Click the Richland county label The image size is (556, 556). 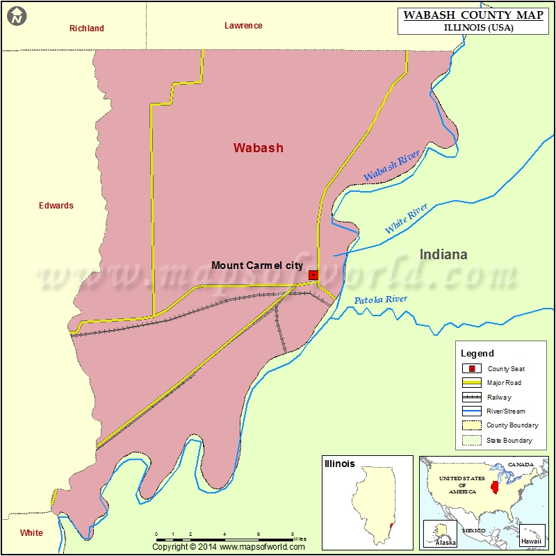(x=87, y=28)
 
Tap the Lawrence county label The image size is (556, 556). (x=243, y=26)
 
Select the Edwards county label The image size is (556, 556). (x=56, y=206)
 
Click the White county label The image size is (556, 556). (x=31, y=533)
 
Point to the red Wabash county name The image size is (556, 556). (x=258, y=148)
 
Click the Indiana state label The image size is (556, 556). (x=443, y=254)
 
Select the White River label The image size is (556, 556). (x=407, y=218)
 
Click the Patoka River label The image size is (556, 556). (x=381, y=300)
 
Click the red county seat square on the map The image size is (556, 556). (x=313, y=275)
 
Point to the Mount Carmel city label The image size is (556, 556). (x=257, y=265)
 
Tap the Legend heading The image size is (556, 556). (x=477, y=354)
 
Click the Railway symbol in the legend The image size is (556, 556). (x=473, y=398)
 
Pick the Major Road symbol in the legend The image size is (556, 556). (x=473, y=383)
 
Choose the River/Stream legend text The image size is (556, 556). (x=506, y=411)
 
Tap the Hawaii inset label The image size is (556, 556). (x=531, y=541)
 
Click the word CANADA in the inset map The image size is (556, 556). (x=521, y=464)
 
